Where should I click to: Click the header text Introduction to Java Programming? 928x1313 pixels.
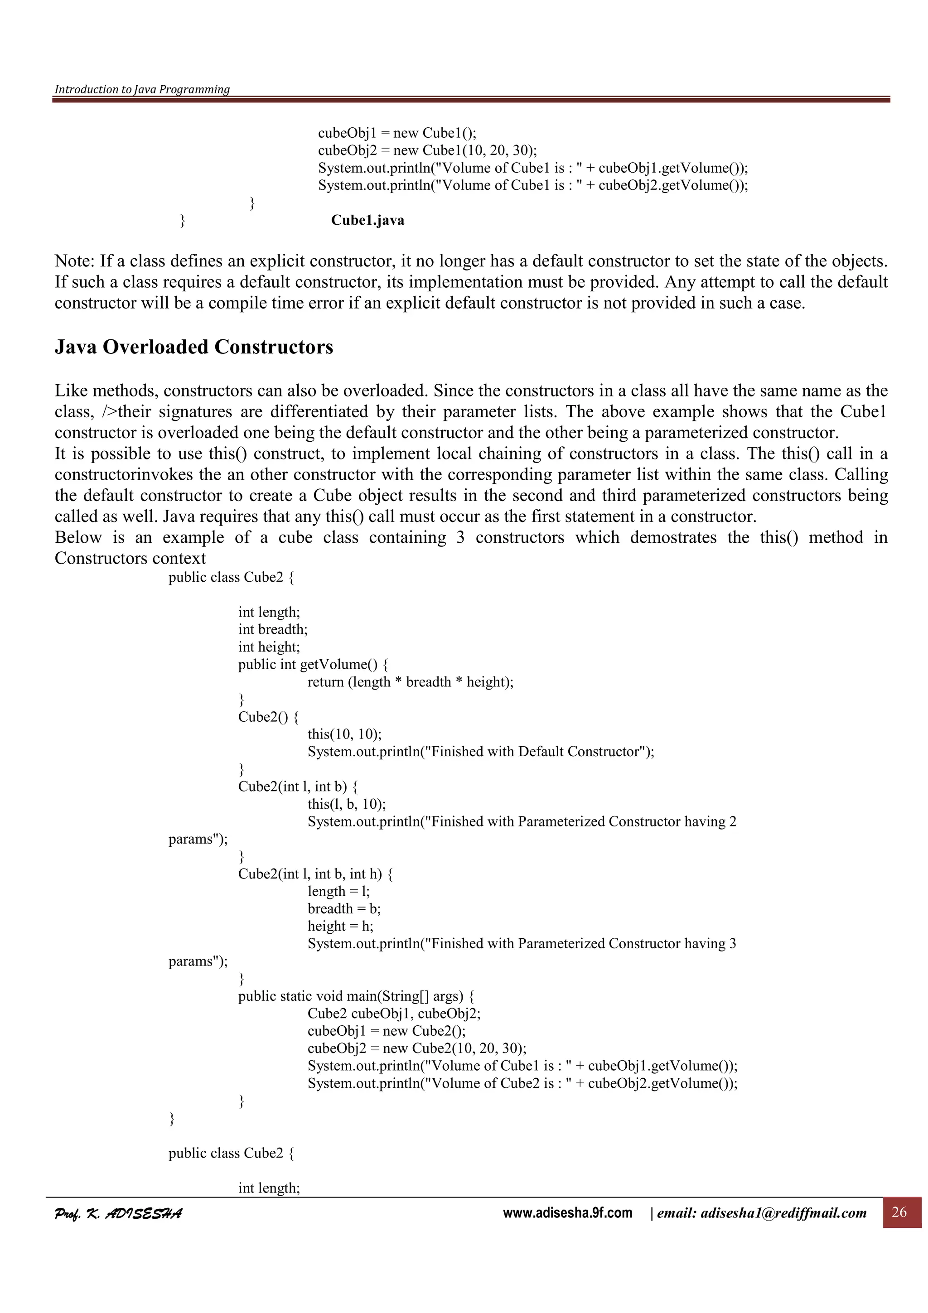[x=142, y=89]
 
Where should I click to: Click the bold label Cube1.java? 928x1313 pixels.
[x=367, y=220]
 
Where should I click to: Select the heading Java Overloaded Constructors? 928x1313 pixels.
[x=193, y=347]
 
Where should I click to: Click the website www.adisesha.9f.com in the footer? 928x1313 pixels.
[x=567, y=1213]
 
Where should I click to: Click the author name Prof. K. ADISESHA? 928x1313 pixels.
[x=118, y=1213]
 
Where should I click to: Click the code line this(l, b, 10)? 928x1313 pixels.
[x=347, y=804]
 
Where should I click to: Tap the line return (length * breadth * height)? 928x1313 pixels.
[x=410, y=682]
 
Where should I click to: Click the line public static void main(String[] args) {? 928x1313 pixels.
[x=356, y=996]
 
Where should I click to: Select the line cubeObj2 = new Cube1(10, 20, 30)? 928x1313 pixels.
[x=427, y=150]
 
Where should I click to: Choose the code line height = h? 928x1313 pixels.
[x=340, y=927]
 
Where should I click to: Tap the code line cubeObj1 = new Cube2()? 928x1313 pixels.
[x=387, y=1031]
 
